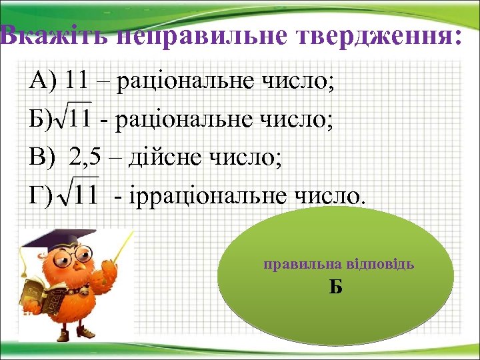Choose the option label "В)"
(42, 158)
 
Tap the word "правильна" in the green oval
(297, 264)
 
